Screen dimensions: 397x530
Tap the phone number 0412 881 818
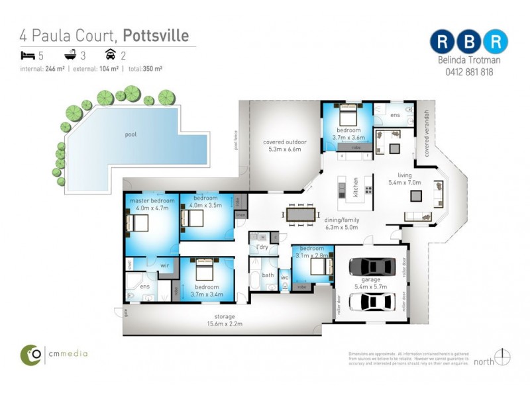point(469,72)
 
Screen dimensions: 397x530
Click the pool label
point(131,134)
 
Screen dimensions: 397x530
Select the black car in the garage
point(371,266)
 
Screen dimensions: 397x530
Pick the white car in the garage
point(371,301)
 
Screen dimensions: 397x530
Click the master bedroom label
point(152,200)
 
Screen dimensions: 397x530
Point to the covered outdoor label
point(284,142)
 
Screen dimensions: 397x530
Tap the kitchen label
point(355,187)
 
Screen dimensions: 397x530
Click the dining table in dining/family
point(301,215)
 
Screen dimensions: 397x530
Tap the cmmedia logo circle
point(31,355)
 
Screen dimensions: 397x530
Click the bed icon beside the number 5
point(26,55)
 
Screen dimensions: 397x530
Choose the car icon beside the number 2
point(111,55)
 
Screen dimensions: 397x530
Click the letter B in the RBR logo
point(469,41)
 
